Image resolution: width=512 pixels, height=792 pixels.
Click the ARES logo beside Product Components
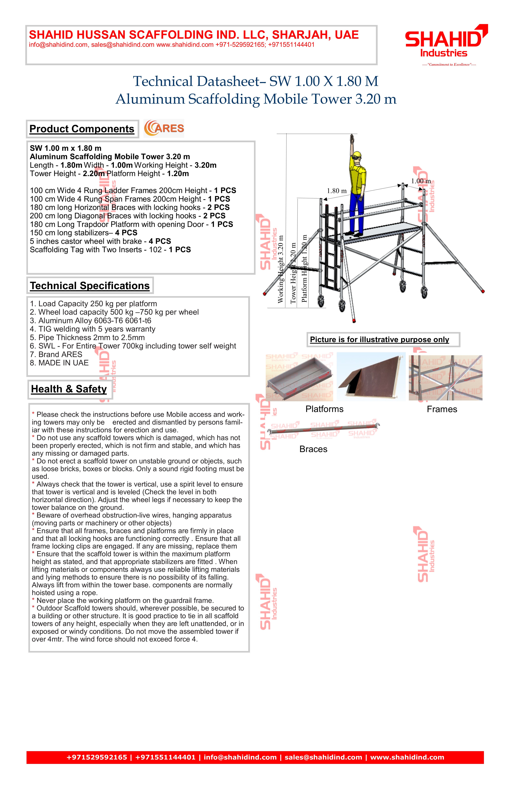(x=164, y=128)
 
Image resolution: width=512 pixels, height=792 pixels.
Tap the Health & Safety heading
(x=69, y=389)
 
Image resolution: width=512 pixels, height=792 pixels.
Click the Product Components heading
(x=82, y=129)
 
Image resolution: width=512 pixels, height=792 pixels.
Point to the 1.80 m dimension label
(x=337, y=191)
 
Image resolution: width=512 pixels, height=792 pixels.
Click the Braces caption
(x=313, y=449)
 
